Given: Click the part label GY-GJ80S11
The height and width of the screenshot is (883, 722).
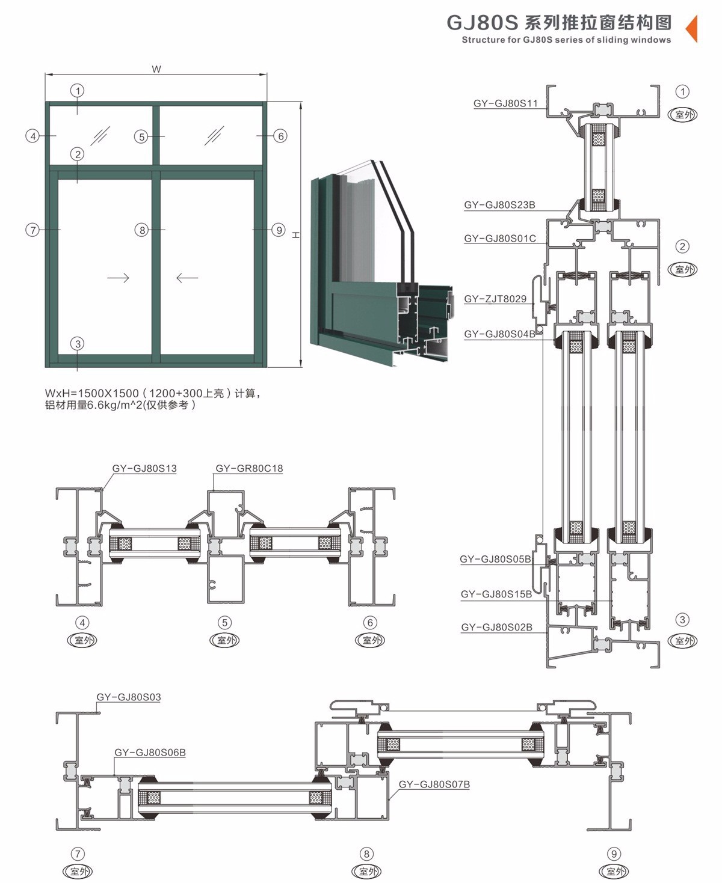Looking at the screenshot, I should click(x=505, y=103).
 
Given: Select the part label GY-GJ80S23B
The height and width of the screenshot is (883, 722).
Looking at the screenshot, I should click(x=499, y=205).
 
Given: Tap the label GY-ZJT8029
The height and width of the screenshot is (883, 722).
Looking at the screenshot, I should click(x=495, y=299).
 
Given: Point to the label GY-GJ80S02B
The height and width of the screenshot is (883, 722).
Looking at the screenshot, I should click(x=496, y=628).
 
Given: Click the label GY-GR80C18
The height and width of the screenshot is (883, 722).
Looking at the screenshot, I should click(x=249, y=468).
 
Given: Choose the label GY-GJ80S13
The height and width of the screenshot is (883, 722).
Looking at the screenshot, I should click(x=144, y=468).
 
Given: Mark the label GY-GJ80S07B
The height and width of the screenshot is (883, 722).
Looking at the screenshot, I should click(x=434, y=784).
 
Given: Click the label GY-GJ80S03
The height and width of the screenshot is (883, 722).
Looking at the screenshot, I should click(x=129, y=697).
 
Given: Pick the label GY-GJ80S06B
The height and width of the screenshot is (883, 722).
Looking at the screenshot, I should click(x=150, y=753).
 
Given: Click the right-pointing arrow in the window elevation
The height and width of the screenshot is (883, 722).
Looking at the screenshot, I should click(x=118, y=278).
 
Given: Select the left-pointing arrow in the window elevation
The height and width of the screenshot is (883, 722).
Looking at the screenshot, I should click(x=187, y=278).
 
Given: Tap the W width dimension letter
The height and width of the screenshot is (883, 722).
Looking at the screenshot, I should click(x=156, y=69).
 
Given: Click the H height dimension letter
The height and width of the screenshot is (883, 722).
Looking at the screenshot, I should click(x=296, y=235).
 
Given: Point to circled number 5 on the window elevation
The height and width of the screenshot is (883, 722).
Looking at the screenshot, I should click(x=141, y=136).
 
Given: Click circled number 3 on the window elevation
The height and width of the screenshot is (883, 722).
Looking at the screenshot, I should click(x=77, y=344).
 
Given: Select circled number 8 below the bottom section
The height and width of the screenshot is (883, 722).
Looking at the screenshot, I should click(x=366, y=854).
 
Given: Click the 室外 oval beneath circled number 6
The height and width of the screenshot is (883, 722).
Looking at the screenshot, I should click(x=371, y=640).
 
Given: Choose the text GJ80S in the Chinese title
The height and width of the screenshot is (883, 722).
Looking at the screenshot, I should click(x=482, y=23).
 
